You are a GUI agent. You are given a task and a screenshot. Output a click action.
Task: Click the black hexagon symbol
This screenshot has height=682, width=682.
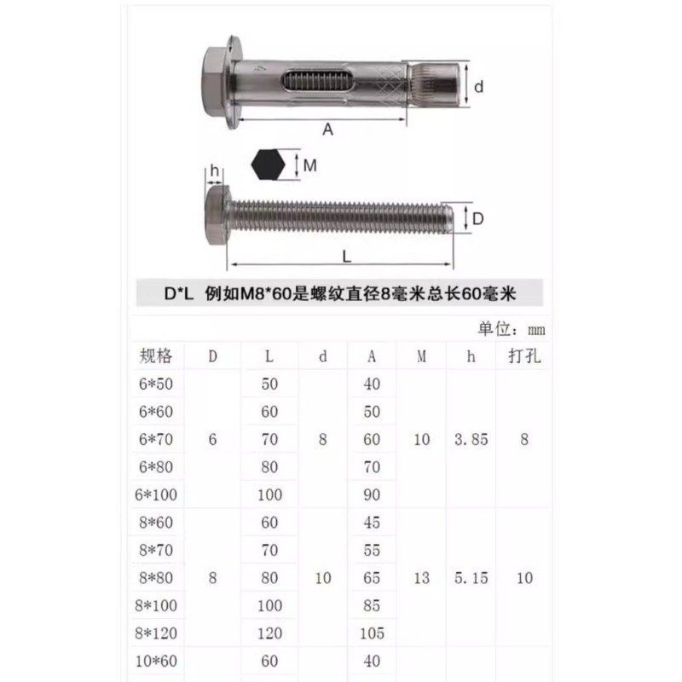point(268,165)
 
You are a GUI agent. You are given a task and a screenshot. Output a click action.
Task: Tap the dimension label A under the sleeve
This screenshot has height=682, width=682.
point(327,130)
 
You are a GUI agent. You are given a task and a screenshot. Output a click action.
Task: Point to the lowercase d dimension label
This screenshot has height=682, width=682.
point(478,87)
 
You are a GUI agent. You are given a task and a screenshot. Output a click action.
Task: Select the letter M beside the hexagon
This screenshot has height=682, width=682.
point(309,165)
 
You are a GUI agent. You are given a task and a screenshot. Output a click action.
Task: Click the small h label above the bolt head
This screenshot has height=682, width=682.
point(215,170)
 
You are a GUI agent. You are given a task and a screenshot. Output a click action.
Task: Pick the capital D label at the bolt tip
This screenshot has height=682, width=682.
point(477,218)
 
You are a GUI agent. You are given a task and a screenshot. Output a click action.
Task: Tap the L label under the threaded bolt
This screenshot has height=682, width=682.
point(346,257)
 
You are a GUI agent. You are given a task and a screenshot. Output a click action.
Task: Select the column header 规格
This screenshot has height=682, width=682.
point(156,355)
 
